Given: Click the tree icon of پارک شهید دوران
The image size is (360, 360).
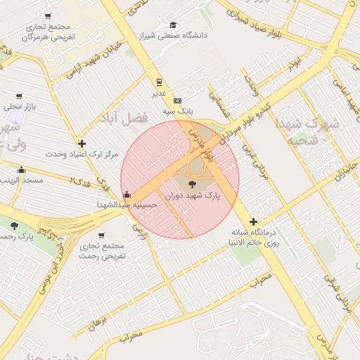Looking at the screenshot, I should (193, 184).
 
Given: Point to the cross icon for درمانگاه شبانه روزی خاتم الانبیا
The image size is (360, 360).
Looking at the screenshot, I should (254, 221).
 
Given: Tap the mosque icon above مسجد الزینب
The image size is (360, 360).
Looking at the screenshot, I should (22, 169).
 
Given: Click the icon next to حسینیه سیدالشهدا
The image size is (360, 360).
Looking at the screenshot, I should (126, 195).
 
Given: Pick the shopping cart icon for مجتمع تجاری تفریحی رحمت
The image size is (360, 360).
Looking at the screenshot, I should (101, 236).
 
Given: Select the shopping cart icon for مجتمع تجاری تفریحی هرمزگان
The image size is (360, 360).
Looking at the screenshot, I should (48, 16).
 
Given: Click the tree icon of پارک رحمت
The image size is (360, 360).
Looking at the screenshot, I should (14, 225).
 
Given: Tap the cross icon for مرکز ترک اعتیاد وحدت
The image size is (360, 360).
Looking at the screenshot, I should (82, 143).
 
